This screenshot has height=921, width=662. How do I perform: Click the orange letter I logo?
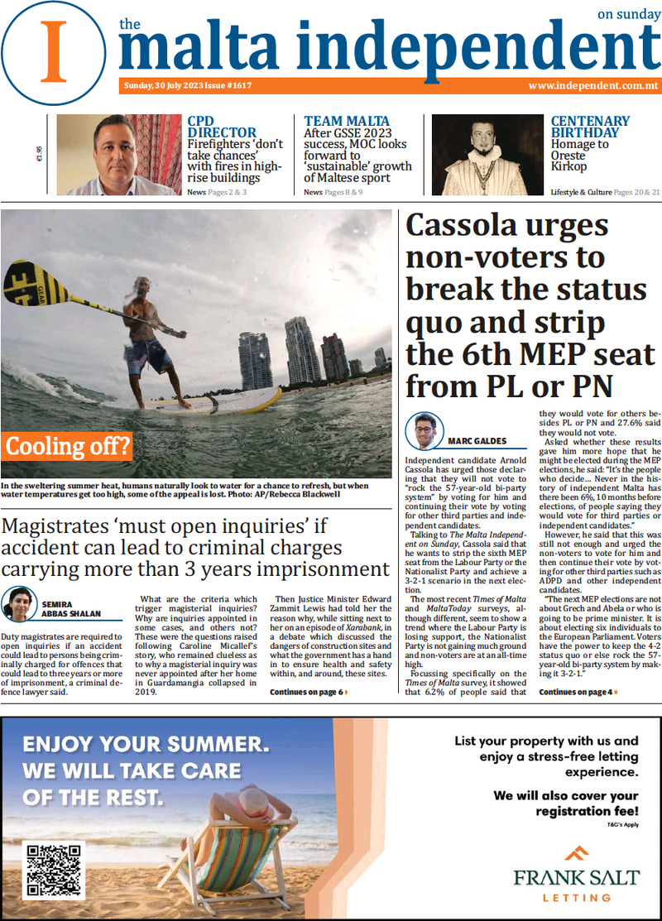click(55, 49)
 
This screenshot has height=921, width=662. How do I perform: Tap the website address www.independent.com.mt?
click(592, 86)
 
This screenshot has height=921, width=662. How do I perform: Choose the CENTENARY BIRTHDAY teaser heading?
click(589, 127)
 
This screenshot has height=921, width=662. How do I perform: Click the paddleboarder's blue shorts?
click(149, 354)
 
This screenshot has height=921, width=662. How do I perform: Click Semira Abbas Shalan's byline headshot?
click(20, 605)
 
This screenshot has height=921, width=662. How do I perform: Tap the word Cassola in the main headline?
click(472, 225)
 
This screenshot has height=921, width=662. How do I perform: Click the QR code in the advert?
click(55, 869)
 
